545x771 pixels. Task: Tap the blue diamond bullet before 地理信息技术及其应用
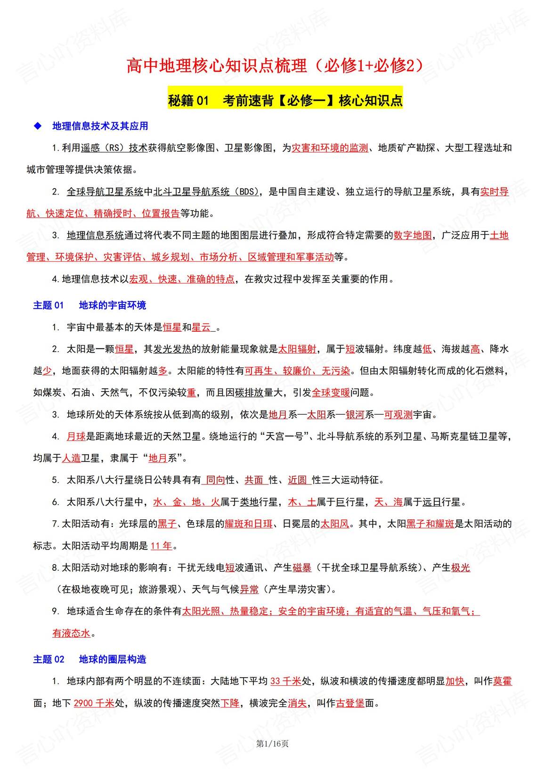coord(38,126)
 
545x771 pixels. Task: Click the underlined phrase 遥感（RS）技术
coord(114,148)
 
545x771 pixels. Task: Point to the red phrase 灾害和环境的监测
coord(330,148)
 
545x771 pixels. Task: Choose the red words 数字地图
coord(413,235)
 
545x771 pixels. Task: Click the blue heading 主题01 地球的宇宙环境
coord(89,305)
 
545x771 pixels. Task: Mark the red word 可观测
coord(398,415)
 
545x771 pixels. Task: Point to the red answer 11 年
coord(162,546)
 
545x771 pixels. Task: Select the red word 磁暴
coord(302,568)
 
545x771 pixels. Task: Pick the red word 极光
coord(461,568)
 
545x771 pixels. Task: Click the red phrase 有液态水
coord(71,633)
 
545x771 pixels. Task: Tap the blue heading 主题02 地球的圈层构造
coord(89,659)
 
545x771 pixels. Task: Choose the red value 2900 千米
coord(94,703)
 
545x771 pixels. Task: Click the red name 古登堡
coord(350,703)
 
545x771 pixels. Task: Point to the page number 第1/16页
coord(272,743)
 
